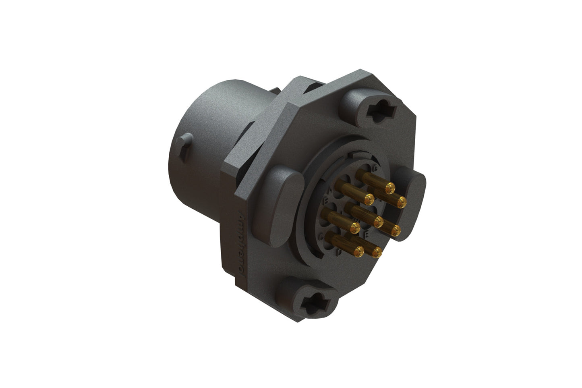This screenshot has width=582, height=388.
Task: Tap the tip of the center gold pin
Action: pyautogui.click(x=378, y=221)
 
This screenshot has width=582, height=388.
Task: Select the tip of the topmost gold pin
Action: pyautogui.click(x=389, y=188)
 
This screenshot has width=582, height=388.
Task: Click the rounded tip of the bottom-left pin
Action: pyautogui.click(x=358, y=251)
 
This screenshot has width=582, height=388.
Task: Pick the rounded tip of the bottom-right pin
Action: pyautogui.click(x=377, y=253)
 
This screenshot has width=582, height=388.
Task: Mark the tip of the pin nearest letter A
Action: pyautogui.click(x=369, y=199)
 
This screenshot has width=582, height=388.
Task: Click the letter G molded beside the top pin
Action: pyautogui.click(x=375, y=168)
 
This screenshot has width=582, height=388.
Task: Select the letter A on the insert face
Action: pyautogui.click(x=331, y=189)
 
